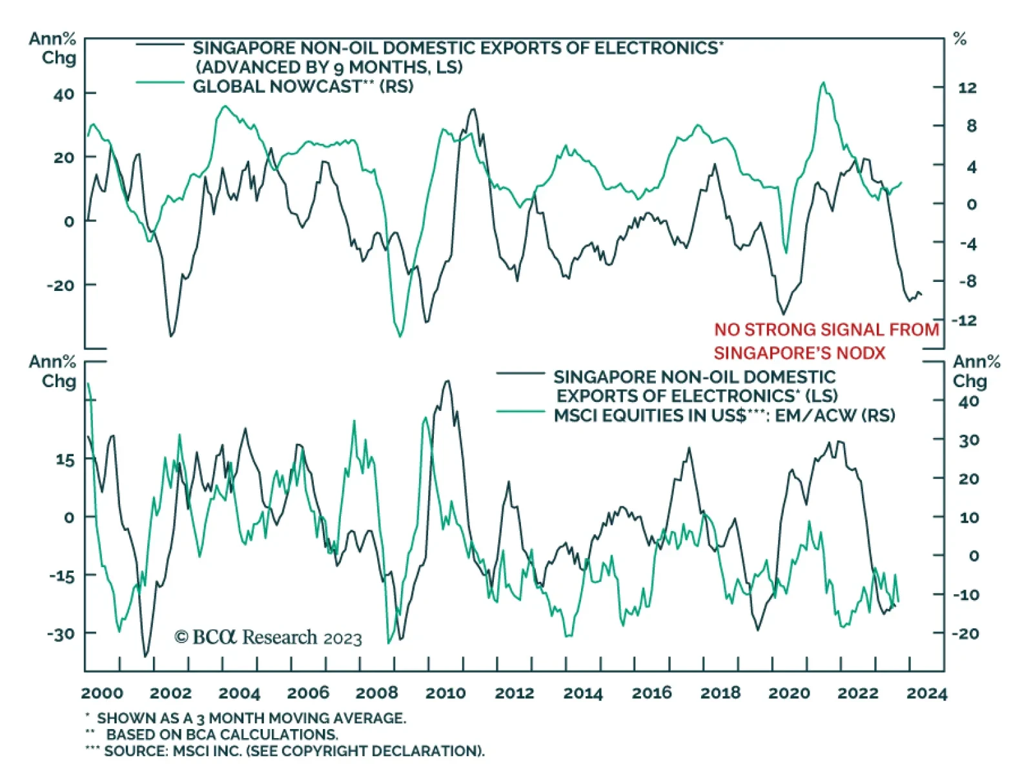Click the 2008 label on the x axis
(x=376, y=693)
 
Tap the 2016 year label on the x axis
(x=651, y=693)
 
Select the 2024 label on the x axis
(x=926, y=693)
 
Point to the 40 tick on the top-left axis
(x=64, y=94)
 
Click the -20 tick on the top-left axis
(x=61, y=285)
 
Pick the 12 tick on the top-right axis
(x=967, y=88)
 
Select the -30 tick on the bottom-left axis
(x=61, y=634)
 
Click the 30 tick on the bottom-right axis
(x=968, y=441)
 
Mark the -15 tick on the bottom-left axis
(x=61, y=575)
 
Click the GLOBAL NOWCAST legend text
(x=303, y=86)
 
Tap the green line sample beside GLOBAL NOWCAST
(x=160, y=83)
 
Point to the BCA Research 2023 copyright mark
(x=268, y=637)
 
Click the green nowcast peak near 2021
(x=823, y=83)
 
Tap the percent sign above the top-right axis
(x=960, y=39)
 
